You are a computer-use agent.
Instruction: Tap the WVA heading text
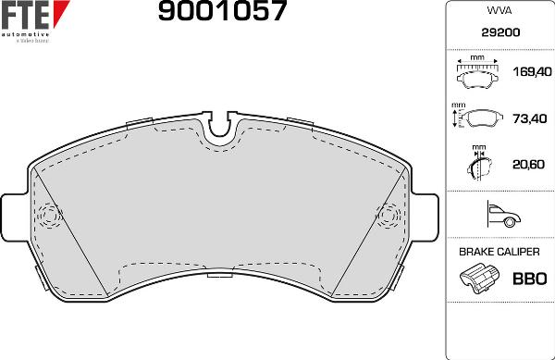pyautogui.click(x=499, y=12)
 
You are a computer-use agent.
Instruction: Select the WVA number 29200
pyautogui.click(x=499, y=31)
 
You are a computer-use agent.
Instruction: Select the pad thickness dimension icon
pyautogui.click(x=478, y=164)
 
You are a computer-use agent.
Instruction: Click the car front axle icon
pyautogui.click(x=499, y=217)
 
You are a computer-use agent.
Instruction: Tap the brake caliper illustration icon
pyautogui.click(x=477, y=278)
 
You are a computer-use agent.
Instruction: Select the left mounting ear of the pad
pyautogui.click(x=16, y=217)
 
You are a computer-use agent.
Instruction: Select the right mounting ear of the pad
pyautogui.click(x=424, y=217)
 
